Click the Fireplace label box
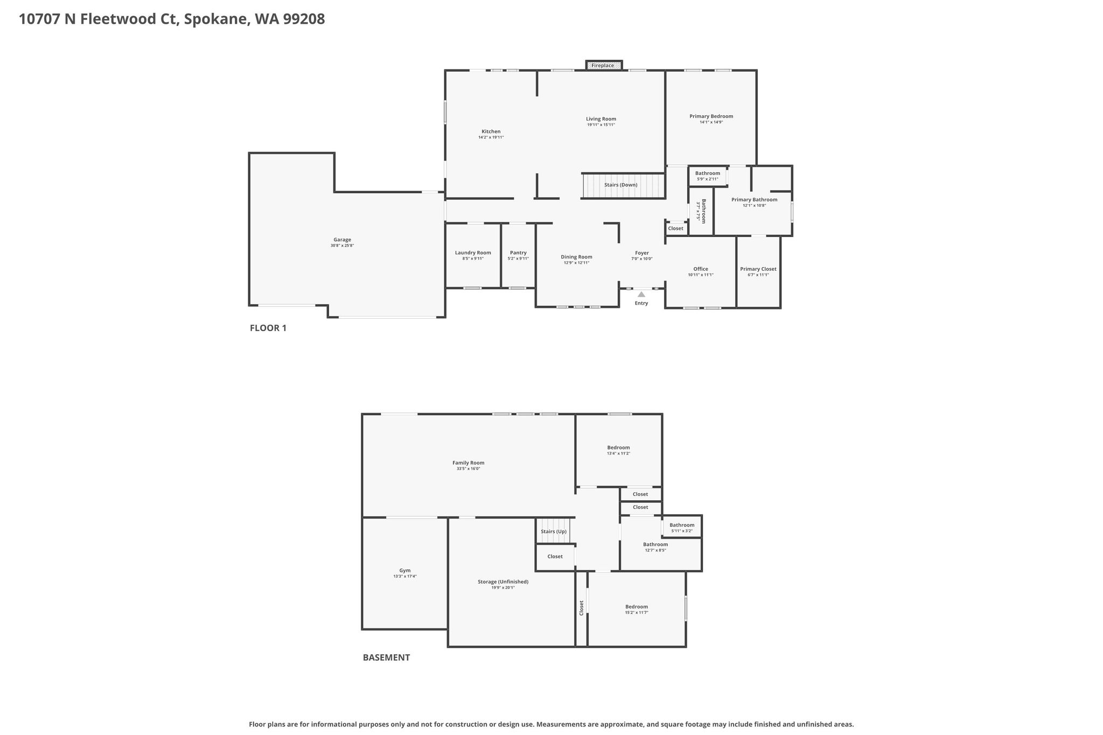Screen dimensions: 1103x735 point(604,65)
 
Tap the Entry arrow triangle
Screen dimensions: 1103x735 point(641,295)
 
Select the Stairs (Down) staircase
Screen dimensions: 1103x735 point(623,185)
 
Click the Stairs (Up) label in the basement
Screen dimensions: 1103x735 point(554,531)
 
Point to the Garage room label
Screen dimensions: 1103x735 point(342,240)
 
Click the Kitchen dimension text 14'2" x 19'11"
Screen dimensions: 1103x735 point(491,137)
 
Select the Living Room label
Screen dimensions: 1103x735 point(601,119)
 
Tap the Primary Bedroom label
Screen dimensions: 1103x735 point(711,116)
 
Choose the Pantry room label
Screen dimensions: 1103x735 point(518,253)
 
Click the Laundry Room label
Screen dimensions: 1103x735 point(473,253)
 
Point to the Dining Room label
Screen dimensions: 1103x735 point(576,257)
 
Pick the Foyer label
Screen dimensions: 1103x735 point(642,253)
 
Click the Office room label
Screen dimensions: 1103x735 point(701,269)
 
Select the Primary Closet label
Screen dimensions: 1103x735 point(758,269)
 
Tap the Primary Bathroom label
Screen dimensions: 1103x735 point(754,199)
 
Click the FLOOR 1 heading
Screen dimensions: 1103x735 point(268,328)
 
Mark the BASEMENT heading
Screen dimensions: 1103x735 point(386,657)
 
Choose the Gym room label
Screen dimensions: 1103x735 point(405,570)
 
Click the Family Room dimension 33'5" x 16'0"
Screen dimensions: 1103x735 point(468,468)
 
